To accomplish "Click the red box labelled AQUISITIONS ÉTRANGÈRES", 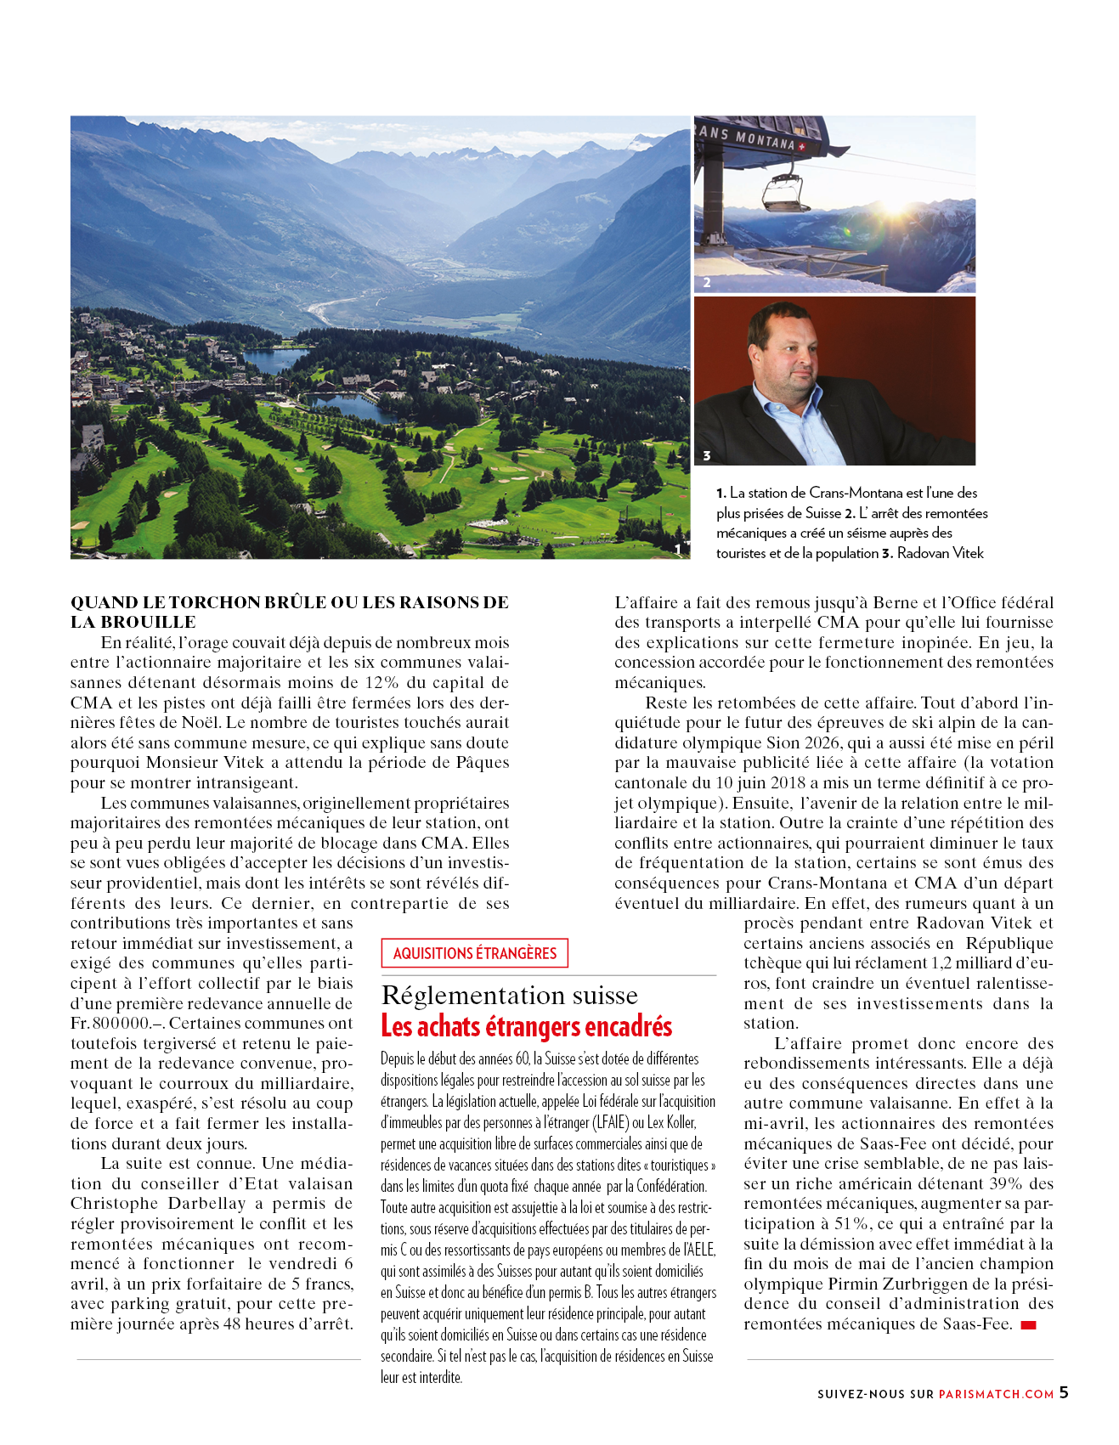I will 474,953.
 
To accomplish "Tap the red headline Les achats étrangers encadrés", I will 527,1026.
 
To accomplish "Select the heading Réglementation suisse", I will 510,995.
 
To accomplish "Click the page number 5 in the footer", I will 1064,1392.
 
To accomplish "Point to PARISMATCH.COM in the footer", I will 996,1394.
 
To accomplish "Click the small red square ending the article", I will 1028,1325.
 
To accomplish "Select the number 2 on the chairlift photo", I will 706,283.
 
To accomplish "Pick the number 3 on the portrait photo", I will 706,456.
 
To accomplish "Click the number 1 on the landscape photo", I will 677,550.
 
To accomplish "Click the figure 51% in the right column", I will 851,1223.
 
